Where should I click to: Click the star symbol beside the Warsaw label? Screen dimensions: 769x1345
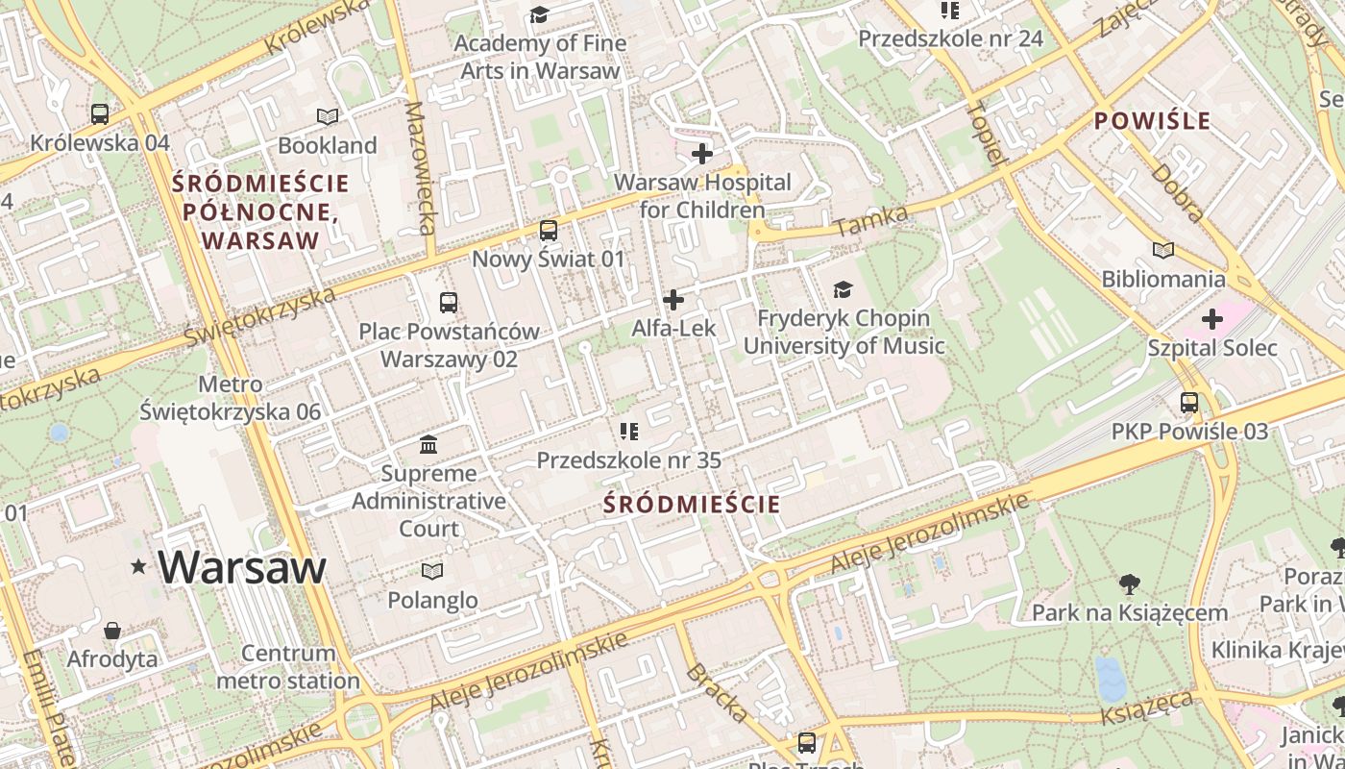pyautogui.click(x=139, y=567)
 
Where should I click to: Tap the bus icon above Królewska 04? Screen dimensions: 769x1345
pyautogui.click(x=99, y=113)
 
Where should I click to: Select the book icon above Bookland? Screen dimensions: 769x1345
pyautogui.click(x=328, y=116)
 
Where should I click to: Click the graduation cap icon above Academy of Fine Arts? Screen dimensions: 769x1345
pyautogui.click(x=539, y=14)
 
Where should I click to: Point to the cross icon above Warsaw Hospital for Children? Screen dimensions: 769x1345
pyautogui.click(x=702, y=153)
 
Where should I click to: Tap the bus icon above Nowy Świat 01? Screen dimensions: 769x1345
pyautogui.click(x=548, y=230)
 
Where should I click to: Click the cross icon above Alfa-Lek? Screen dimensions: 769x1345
pyautogui.click(x=673, y=300)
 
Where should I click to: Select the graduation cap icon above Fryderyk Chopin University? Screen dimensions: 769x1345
pyautogui.click(x=843, y=289)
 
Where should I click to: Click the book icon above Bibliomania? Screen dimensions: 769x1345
pyautogui.click(x=1163, y=250)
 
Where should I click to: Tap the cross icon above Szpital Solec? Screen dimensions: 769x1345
pyautogui.click(x=1212, y=318)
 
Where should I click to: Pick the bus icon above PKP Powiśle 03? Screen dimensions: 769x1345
pyautogui.click(x=1189, y=403)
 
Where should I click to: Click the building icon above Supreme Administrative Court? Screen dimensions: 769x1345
pyautogui.click(x=428, y=445)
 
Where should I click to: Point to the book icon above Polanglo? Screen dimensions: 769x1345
pyautogui.click(x=432, y=571)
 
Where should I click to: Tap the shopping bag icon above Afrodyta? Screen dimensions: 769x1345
pyautogui.click(x=112, y=631)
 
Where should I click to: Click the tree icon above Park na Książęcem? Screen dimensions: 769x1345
pyautogui.click(x=1130, y=583)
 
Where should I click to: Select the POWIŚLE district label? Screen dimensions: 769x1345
pyautogui.click(x=1152, y=121)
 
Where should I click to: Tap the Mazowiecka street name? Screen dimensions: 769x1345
pyautogui.click(x=420, y=168)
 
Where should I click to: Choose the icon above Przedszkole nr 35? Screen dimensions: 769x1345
pyautogui.click(x=629, y=432)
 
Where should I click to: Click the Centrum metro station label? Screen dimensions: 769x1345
pyautogui.click(x=288, y=667)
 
